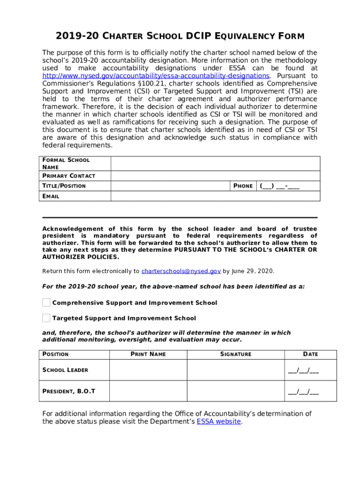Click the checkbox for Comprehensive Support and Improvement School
[x=46, y=303]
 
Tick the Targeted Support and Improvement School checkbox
[x=46, y=318]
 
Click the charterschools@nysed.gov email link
[x=181, y=271]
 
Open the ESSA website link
[x=219, y=421]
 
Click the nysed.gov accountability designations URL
[x=156, y=76]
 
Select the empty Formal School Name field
[x=215, y=164]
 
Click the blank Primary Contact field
[x=215, y=176]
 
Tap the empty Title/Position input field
[x=170, y=186]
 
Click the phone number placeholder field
[x=280, y=186]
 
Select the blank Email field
[x=215, y=196]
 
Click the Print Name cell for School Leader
[x=148, y=370]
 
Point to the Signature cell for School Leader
[x=236, y=370]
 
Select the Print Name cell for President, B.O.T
[x=148, y=391]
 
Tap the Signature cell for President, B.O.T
[x=236, y=391]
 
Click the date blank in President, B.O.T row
[x=303, y=392]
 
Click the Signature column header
[x=236, y=354]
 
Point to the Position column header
[x=56, y=354]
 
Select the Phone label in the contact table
[x=243, y=186]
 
